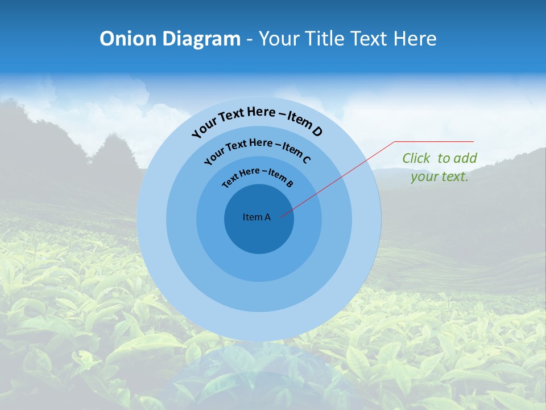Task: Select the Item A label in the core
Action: (257, 217)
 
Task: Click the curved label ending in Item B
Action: (258, 176)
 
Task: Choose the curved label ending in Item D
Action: (257, 120)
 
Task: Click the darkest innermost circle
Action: (259, 233)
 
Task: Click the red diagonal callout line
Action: (341, 177)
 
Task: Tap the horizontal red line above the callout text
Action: (434, 141)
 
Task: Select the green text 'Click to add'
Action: (440, 158)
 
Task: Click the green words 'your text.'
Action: (440, 177)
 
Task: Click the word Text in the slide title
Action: (369, 39)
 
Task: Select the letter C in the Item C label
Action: (306, 159)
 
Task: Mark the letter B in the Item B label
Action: (289, 184)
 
